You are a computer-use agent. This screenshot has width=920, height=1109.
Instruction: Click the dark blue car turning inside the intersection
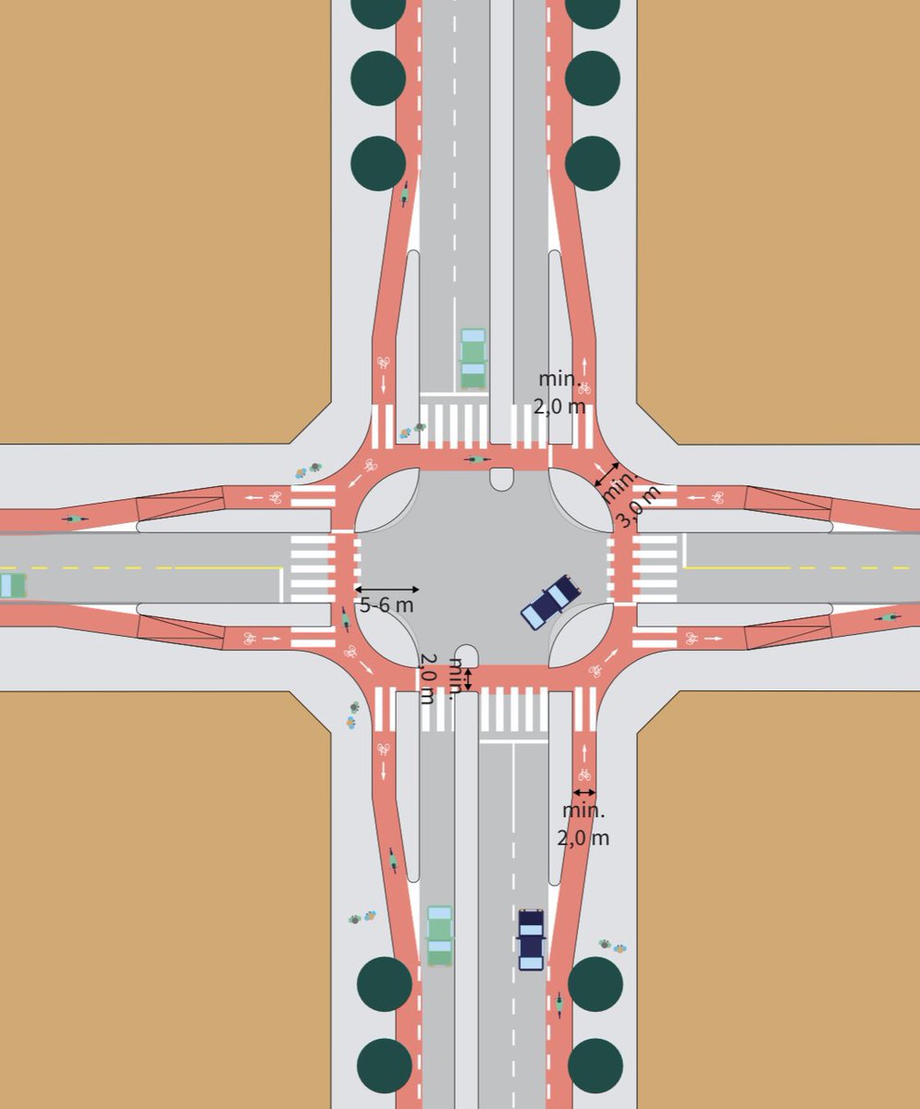pos(550,602)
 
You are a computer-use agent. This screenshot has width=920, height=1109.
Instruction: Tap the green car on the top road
pos(473,359)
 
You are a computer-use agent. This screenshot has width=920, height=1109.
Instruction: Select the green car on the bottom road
pos(440,935)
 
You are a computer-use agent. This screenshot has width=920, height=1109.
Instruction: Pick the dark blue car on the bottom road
pos(531,940)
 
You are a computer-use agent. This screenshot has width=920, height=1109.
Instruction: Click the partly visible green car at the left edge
pos(11,585)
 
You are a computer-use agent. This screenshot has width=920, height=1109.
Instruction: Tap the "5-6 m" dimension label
pos(386,605)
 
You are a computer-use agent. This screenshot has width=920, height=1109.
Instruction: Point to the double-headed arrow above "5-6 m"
pos(386,589)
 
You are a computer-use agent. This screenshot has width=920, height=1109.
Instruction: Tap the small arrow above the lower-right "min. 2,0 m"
pos(583,793)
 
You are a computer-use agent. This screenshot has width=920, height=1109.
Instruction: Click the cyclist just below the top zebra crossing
pos(477,458)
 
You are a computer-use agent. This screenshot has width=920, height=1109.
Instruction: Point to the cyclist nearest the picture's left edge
pos(75,519)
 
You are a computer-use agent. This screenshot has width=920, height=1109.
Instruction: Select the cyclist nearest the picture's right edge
pos(889,616)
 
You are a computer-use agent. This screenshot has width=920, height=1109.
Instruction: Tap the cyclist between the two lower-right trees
pos(559,1004)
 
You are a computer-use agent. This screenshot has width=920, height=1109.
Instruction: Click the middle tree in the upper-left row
pos(378,79)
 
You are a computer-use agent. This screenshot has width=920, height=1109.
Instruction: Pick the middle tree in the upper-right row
pos(592,79)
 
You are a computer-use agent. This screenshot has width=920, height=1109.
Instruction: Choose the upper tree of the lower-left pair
pos(385,983)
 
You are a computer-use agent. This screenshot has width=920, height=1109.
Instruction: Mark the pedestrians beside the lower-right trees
pos(612,946)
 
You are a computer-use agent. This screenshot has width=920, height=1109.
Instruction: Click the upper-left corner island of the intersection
pos(386,501)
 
